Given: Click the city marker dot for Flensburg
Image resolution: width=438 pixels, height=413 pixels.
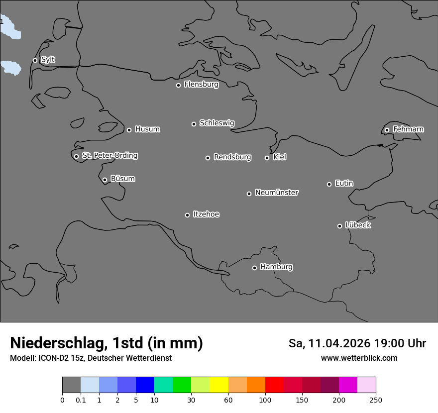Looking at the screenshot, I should [x=178, y=85].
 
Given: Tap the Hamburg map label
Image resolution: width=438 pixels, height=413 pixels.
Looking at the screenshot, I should [x=276, y=267].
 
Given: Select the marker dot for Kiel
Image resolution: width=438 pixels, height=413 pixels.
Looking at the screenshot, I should [x=267, y=158].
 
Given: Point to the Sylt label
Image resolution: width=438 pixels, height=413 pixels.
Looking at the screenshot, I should [x=48, y=60].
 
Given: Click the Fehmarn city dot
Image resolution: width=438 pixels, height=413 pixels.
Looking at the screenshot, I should [x=387, y=130].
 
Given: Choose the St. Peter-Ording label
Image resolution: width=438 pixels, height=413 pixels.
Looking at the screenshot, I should [x=110, y=155].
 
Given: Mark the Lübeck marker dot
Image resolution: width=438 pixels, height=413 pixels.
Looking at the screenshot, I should [x=339, y=226].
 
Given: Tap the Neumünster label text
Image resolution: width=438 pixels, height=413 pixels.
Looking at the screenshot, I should [x=277, y=193].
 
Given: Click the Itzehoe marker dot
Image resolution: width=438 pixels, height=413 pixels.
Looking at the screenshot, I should [x=187, y=215].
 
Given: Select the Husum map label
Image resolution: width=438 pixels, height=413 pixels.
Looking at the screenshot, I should [x=147, y=129].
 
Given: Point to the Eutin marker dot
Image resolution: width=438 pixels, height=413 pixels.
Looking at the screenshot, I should [x=329, y=184].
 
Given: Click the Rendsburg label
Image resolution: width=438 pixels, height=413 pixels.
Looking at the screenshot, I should [x=232, y=157].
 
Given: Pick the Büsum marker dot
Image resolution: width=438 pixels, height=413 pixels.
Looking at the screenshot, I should [x=105, y=180].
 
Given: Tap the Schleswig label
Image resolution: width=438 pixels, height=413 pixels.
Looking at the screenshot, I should [x=217, y=123].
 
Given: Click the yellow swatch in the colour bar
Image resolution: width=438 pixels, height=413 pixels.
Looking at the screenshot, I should [x=219, y=385].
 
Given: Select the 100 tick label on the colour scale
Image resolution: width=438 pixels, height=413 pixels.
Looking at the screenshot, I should [x=265, y=400].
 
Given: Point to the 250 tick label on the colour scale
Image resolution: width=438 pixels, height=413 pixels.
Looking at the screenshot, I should [x=376, y=400].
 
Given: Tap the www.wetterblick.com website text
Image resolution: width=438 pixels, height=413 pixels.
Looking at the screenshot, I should [x=359, y=358].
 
